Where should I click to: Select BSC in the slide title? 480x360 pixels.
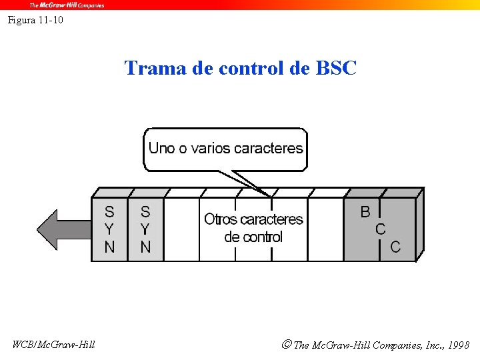(336, 68)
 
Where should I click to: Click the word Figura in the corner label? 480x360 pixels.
(21, 20)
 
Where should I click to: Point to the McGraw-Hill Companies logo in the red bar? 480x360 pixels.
(66, 5)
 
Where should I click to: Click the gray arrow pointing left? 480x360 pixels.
(63, 229)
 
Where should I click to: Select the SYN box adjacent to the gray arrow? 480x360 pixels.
(109, 229)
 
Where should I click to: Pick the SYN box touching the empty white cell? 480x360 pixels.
(145, 229)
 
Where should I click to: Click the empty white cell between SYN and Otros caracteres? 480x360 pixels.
(181, 229)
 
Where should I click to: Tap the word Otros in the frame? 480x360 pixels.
(220, 219)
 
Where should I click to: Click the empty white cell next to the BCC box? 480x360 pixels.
(325, 229)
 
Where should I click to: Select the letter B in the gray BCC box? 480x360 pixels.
(365, 212)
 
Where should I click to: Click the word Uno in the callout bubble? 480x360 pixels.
(161, 148)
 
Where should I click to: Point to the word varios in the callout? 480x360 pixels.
(209, 148)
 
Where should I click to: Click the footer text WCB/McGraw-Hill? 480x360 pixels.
(53, 344)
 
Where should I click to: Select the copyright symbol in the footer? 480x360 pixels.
(286, 345)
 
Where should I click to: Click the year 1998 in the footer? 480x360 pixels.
(459, 345)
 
